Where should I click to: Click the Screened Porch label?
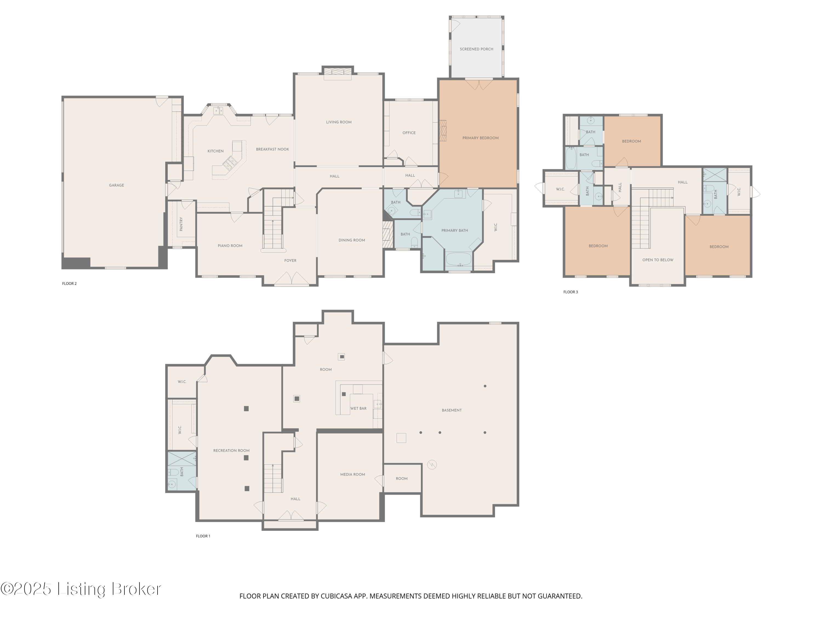(x=476, y=49)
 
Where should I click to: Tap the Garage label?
(x=116, y=185)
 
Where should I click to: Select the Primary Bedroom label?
(x=480, y=138)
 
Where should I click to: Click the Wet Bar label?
(x=358, y=408)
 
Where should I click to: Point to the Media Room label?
(x=352, y=475)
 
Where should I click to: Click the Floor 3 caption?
(x=570, y=292)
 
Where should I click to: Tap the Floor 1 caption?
(x=203, y=536)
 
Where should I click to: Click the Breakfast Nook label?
(x=272, y=149)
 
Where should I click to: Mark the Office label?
(x=409, y=133)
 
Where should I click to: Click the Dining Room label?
(x=352, y=240)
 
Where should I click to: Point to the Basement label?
(x=452, y=410)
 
